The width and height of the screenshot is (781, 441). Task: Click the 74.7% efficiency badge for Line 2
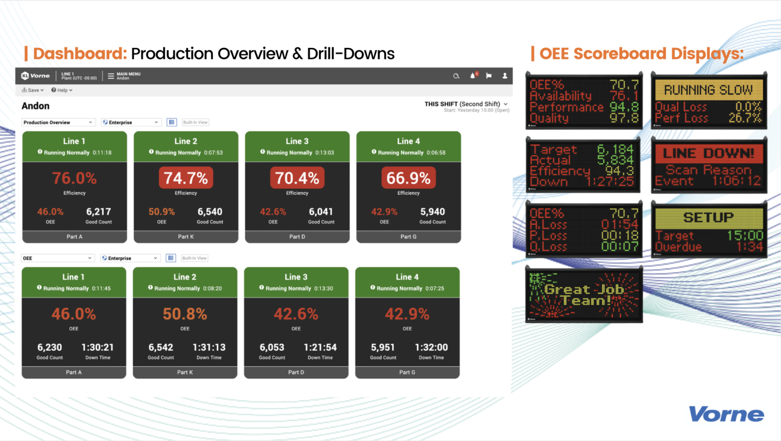186,178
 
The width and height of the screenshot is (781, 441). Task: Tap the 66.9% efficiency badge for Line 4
408,178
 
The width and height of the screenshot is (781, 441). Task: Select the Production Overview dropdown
58,123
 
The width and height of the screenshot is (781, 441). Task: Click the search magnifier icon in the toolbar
456,76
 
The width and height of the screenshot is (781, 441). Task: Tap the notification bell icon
473,76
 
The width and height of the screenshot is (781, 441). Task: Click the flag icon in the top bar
489,76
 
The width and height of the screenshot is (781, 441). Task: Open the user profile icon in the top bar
505,76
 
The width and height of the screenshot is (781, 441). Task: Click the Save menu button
33,90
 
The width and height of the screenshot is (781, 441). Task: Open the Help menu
62,90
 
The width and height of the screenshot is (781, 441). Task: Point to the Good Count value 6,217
99,212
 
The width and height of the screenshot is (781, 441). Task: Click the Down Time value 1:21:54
320,347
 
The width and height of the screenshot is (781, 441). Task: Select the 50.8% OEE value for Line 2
185,314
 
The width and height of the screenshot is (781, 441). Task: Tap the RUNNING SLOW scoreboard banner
708,90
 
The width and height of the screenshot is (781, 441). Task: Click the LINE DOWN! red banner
708,154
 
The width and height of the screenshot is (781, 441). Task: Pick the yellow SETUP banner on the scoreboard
708,218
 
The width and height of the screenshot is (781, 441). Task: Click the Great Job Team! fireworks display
584,295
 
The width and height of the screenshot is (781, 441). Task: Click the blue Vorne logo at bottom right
726,414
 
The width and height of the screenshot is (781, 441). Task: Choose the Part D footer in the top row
297,237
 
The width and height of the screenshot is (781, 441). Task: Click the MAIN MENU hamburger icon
111,76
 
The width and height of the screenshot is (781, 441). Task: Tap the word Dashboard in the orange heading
80,53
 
